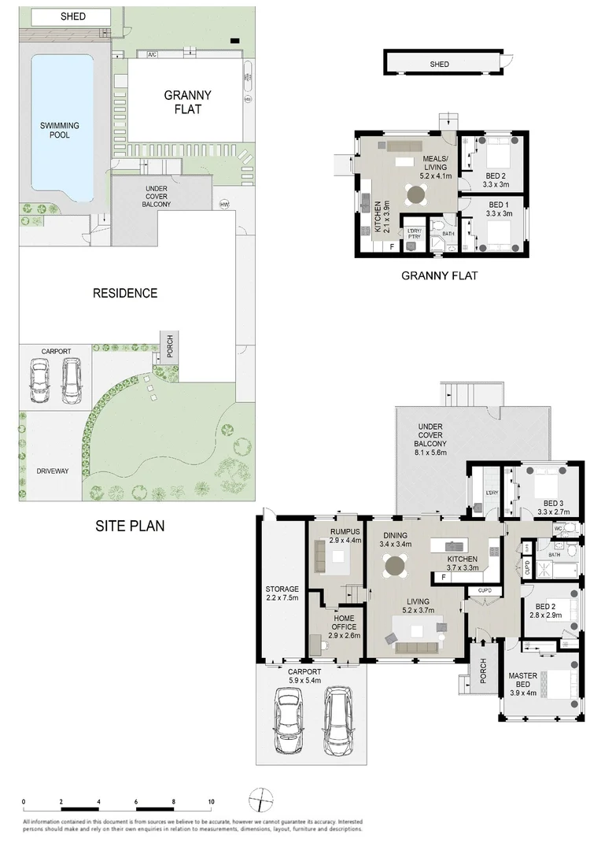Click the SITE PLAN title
(x=130, y=526)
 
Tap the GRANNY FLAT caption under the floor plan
(x=439, y=275)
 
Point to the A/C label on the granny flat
(x=152, y=54)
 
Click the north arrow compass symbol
(x=257, y=801)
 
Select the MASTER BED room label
(x=522, y=681)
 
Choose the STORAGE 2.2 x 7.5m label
(x=281, y=593)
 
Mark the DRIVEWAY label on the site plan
(x=53, y=471)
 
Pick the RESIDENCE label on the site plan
(x=126, y=294)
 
